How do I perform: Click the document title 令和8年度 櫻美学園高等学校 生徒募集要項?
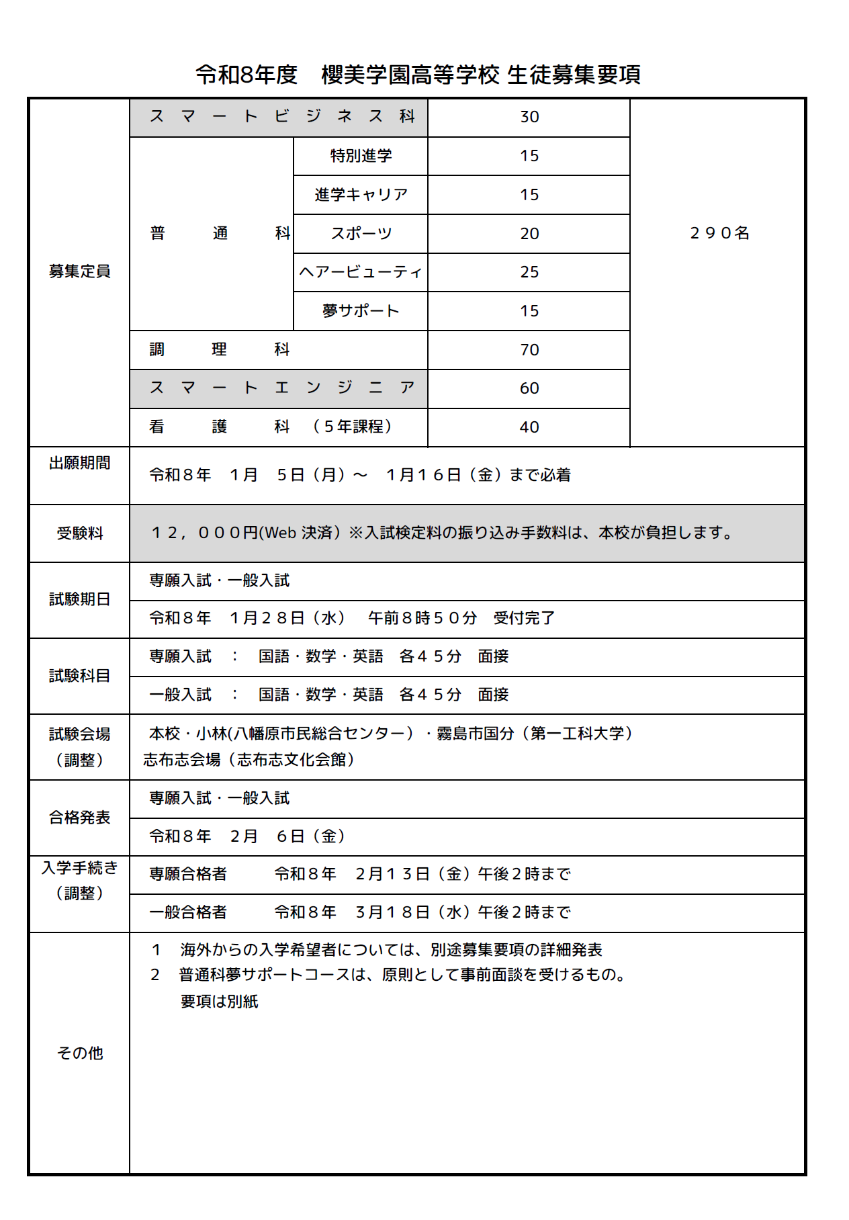[x=418, y=75]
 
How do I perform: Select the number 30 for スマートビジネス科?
[x=529, y=117]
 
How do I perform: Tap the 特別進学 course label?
[x=361, y=156]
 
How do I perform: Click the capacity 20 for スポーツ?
[x=529, y=234]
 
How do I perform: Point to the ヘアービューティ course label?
[x=361, y=272]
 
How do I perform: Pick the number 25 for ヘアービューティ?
[x=529, y=272]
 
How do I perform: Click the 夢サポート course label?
[x=361, y=311]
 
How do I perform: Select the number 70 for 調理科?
[x=529, y=350]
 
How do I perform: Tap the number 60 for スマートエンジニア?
[x=529, y=388]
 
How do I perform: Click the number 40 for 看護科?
[x=529, y=427]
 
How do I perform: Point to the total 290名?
[x=719, y=233]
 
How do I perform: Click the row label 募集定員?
[x=79, y=271]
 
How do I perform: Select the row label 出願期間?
[x=79, y=463]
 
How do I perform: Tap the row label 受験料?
[x=79, y=533]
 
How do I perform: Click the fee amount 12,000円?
[x=204, y=533]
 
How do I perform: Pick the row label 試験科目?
[x=79, y=676]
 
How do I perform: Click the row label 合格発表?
[x=79, y=818]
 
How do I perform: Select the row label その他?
[x=79, y=1053]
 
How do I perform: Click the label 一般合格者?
[x=188, y=912]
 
